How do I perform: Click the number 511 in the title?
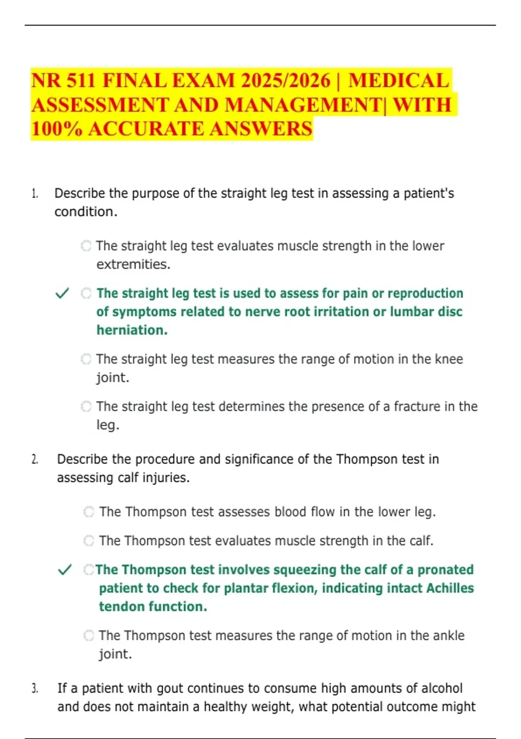click(77, 81)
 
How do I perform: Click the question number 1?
click(35, 193)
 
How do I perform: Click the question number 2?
click(35, 459)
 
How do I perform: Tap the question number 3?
click(35, 689)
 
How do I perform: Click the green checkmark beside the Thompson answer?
click(65, 569)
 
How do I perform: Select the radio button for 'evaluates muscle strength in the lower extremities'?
click(86, 246)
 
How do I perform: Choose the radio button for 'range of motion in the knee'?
click(86, 359)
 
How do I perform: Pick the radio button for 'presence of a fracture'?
click(86, 406)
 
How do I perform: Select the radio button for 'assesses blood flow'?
click(89, 512)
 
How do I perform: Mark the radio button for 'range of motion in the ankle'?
click(89, 636)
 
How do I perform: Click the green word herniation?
click(132, 330)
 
